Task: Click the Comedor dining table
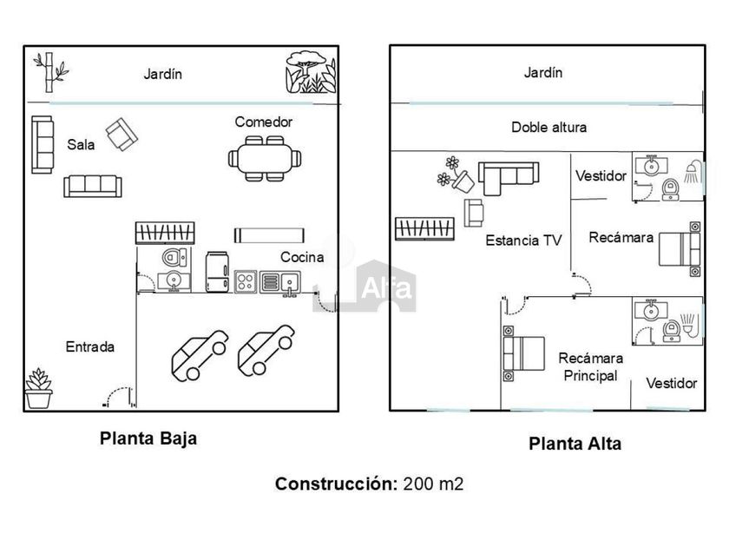[x=265, y=158]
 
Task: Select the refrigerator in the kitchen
[x=217, y=271]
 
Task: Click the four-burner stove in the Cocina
[x=244, y=281]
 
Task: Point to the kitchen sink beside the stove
[x=279, y=281]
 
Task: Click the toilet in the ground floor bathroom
[x=174, y=257]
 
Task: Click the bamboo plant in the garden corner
[x=49, y=72]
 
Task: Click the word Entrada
[x=90, y=346]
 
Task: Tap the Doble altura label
[x=548, y=127]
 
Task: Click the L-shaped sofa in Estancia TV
[x=508, y=176]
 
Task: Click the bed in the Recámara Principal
[x=522, y=353]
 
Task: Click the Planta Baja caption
[x=148, y=438]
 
